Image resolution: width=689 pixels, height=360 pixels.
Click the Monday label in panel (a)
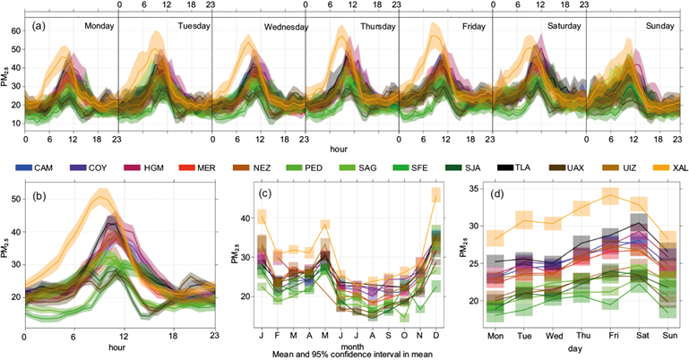point(100,26)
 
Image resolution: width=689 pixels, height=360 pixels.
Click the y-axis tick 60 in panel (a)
point(14,30)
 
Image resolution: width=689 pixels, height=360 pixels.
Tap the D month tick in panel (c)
point(436,339)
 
